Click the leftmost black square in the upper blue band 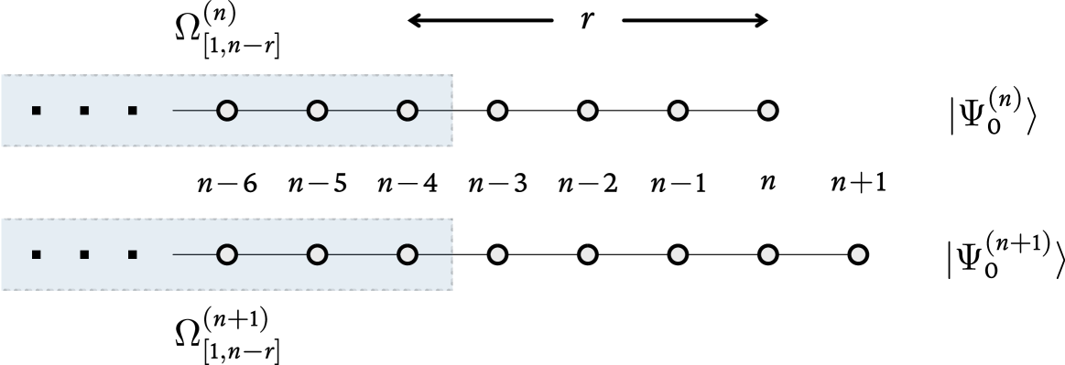[x=37, y=111]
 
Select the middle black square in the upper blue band [x=84, y=111]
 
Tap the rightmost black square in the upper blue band [x=133, y=111]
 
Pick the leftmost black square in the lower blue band [x=37, y=254]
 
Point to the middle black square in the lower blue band [x=84, y=254]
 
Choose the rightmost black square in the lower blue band [x=133, y=254]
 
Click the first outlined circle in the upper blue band [x=227, y=111]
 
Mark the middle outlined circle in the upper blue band [x=317, y=111]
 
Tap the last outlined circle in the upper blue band [x=408, y=111]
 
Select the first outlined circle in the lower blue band [x=227, y=254]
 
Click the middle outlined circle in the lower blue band [x=317, y=254]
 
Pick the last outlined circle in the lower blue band [x=408, y=254]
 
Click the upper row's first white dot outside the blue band [x=497, y=111]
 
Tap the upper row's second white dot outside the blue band [x=588, y=111]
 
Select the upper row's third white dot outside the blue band [x=678, y=111]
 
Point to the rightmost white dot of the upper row [x=768, y=111]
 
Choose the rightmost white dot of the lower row [x=858, y=254]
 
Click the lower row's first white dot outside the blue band [x=497, y=254]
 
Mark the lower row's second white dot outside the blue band [x=588, y=254]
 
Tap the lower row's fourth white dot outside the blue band [x=768, y=254]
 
